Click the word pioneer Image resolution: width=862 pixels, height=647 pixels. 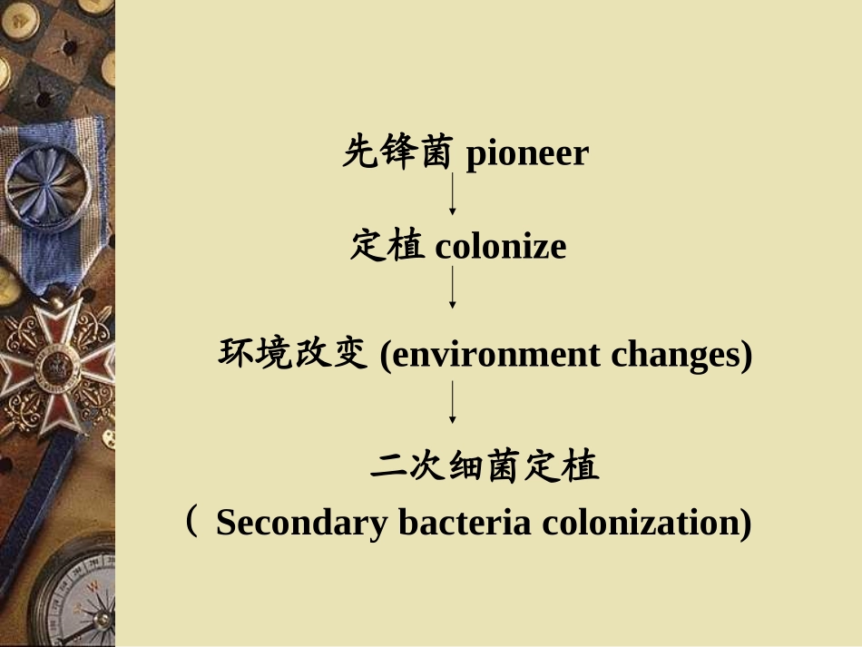click(527, 154)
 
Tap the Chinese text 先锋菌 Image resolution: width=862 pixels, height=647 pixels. click(397, 152)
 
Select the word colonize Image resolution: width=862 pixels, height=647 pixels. click(500, 247)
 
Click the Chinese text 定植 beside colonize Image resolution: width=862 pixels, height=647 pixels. click(387, 246)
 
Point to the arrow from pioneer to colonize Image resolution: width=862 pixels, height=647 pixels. click(452, 194)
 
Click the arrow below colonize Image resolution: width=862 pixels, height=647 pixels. click(452, 288)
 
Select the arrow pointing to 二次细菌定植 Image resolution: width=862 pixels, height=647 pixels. click(452, 403)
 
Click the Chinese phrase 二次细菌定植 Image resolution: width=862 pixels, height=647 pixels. click(485, 466)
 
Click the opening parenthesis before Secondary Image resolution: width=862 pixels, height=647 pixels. click(191, 522)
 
